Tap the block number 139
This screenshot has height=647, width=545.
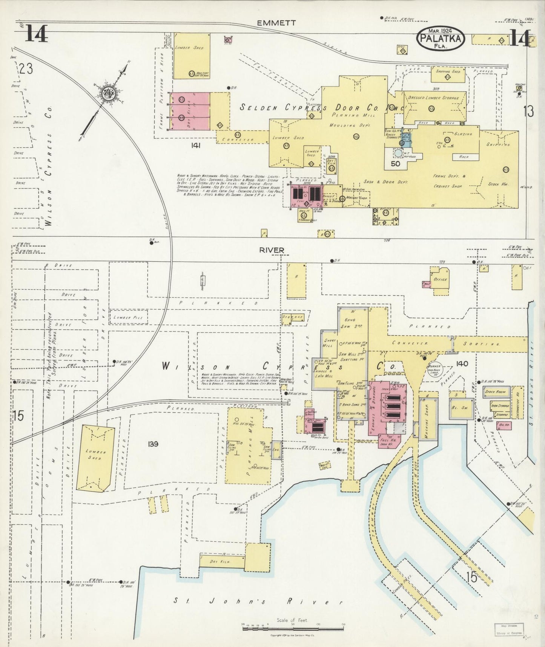pyautogui.click(x=153, y=444)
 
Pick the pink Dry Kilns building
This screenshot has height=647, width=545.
pyautogui.click(x=189, y=111)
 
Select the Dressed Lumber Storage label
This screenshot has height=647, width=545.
pyautogui.click(x=433, y=98)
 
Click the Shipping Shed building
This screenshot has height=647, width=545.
pyautogui.click(x=448, y=75)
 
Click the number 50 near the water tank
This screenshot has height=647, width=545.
pyautogui.click(x=395, y=164)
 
